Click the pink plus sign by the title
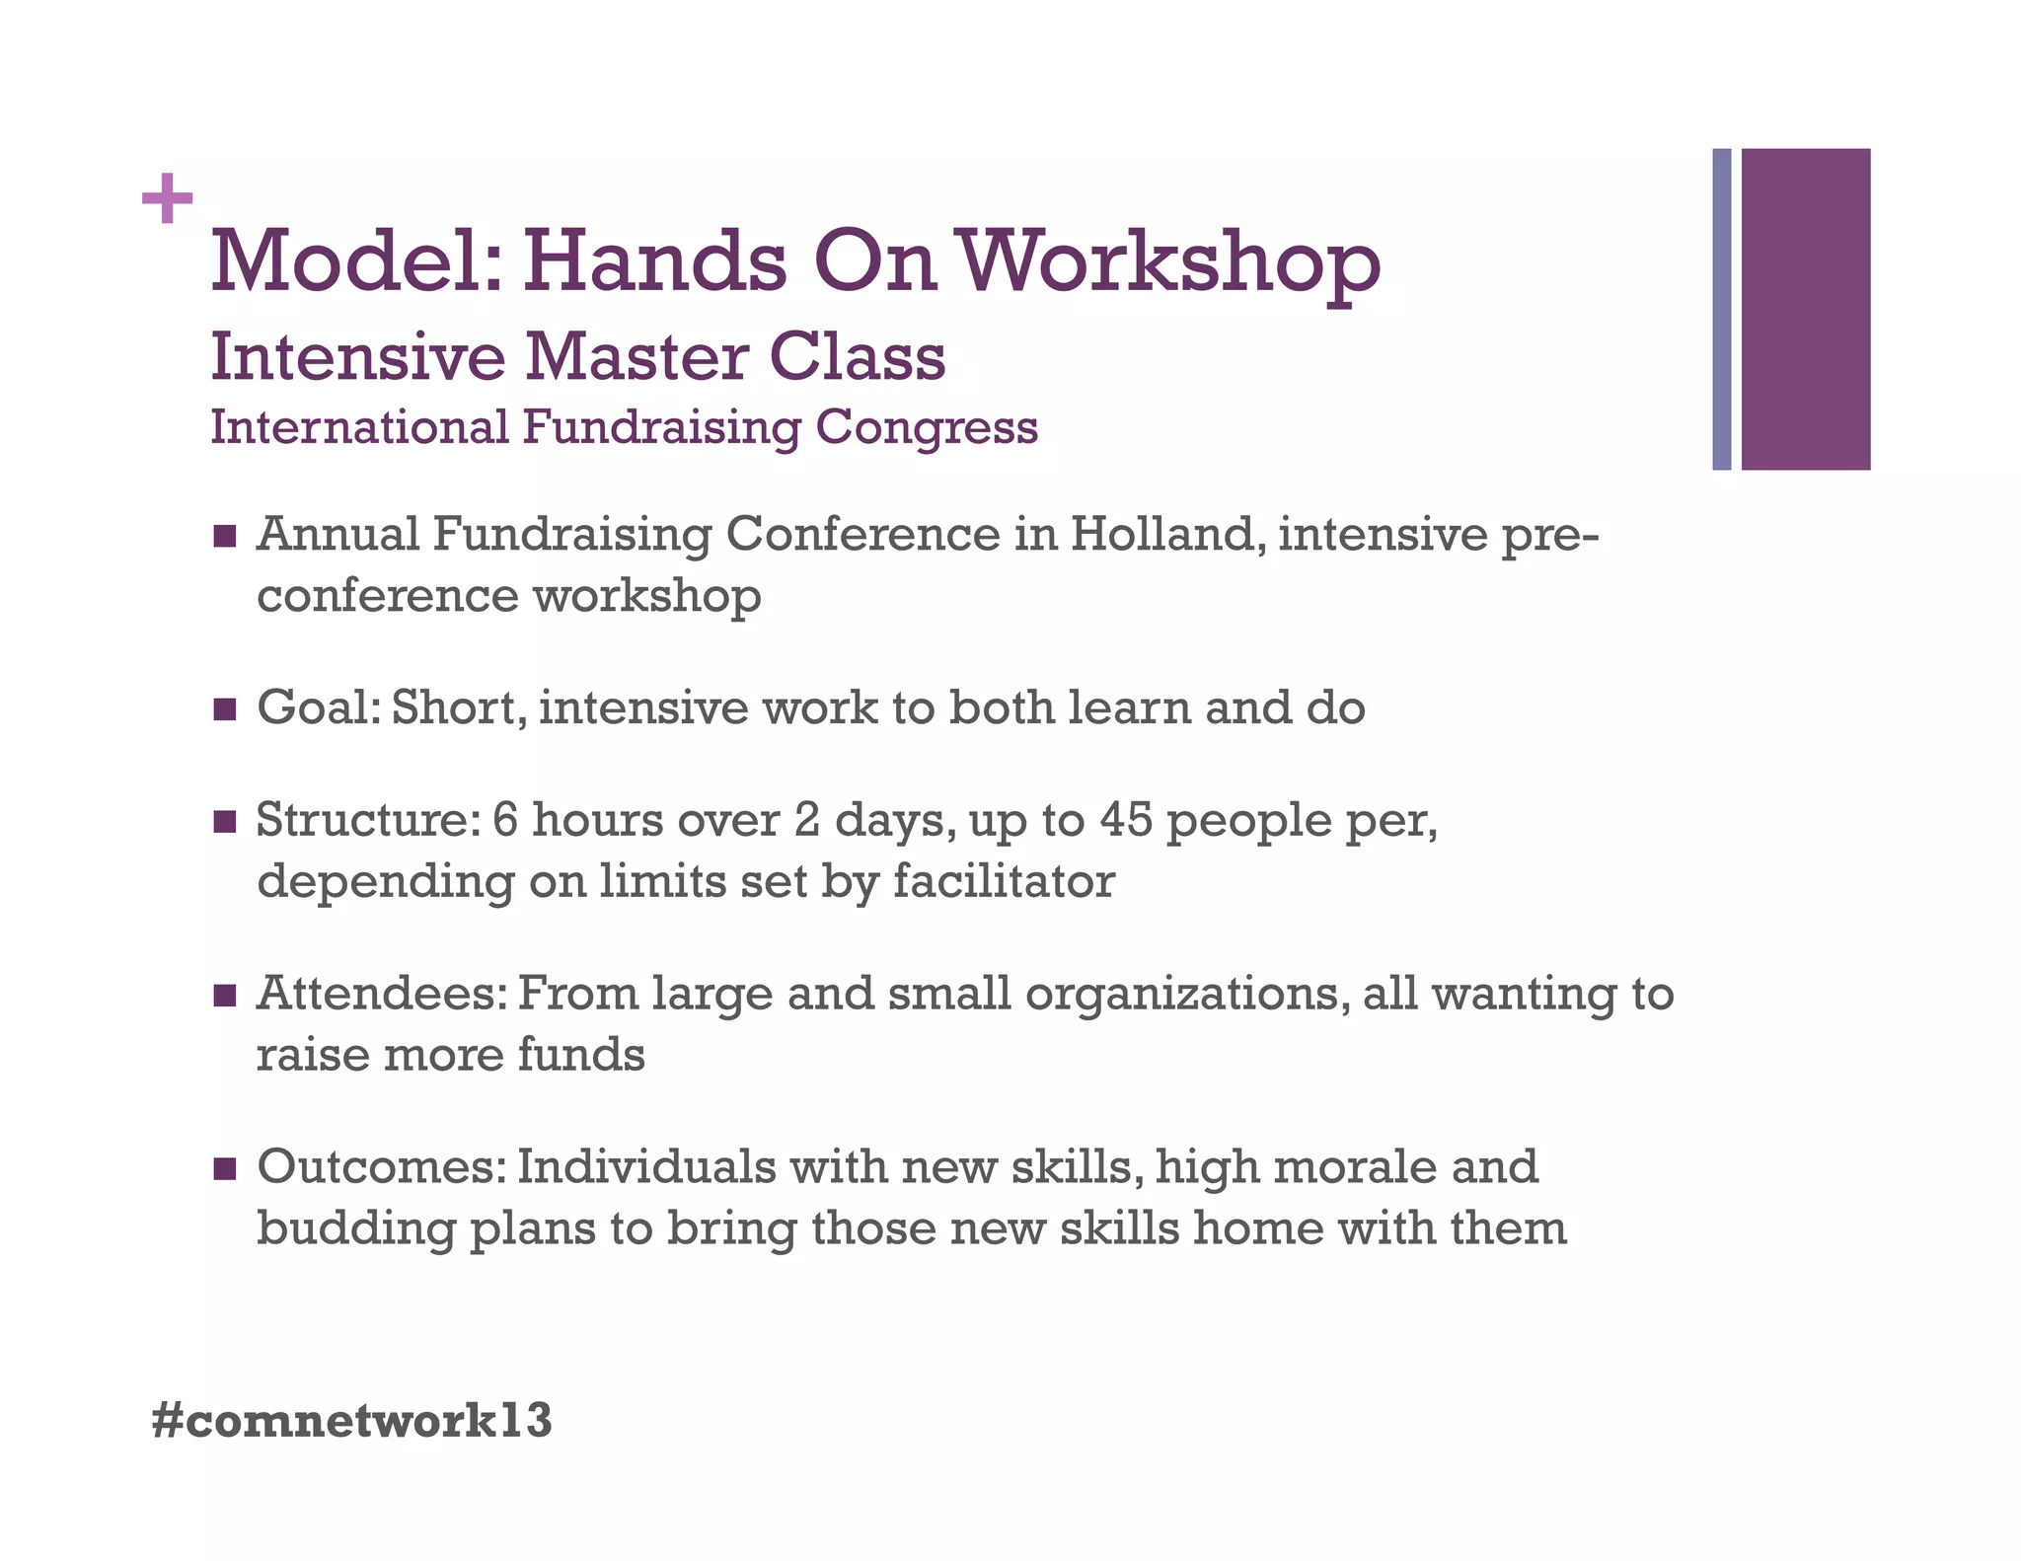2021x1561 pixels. coord(167,198)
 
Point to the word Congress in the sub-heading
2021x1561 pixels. coord(927,428)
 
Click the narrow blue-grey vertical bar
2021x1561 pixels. coord(1721,309)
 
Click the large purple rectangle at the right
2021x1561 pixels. coord(1805,309)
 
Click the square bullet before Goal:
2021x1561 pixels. coord(225,708)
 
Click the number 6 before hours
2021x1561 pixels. coord(504,820)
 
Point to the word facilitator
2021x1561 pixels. coord(1004,880)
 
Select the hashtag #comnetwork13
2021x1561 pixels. coord(352,1421)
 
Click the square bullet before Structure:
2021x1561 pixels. coord(225,821)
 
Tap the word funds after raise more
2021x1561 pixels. coord(580,1055)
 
